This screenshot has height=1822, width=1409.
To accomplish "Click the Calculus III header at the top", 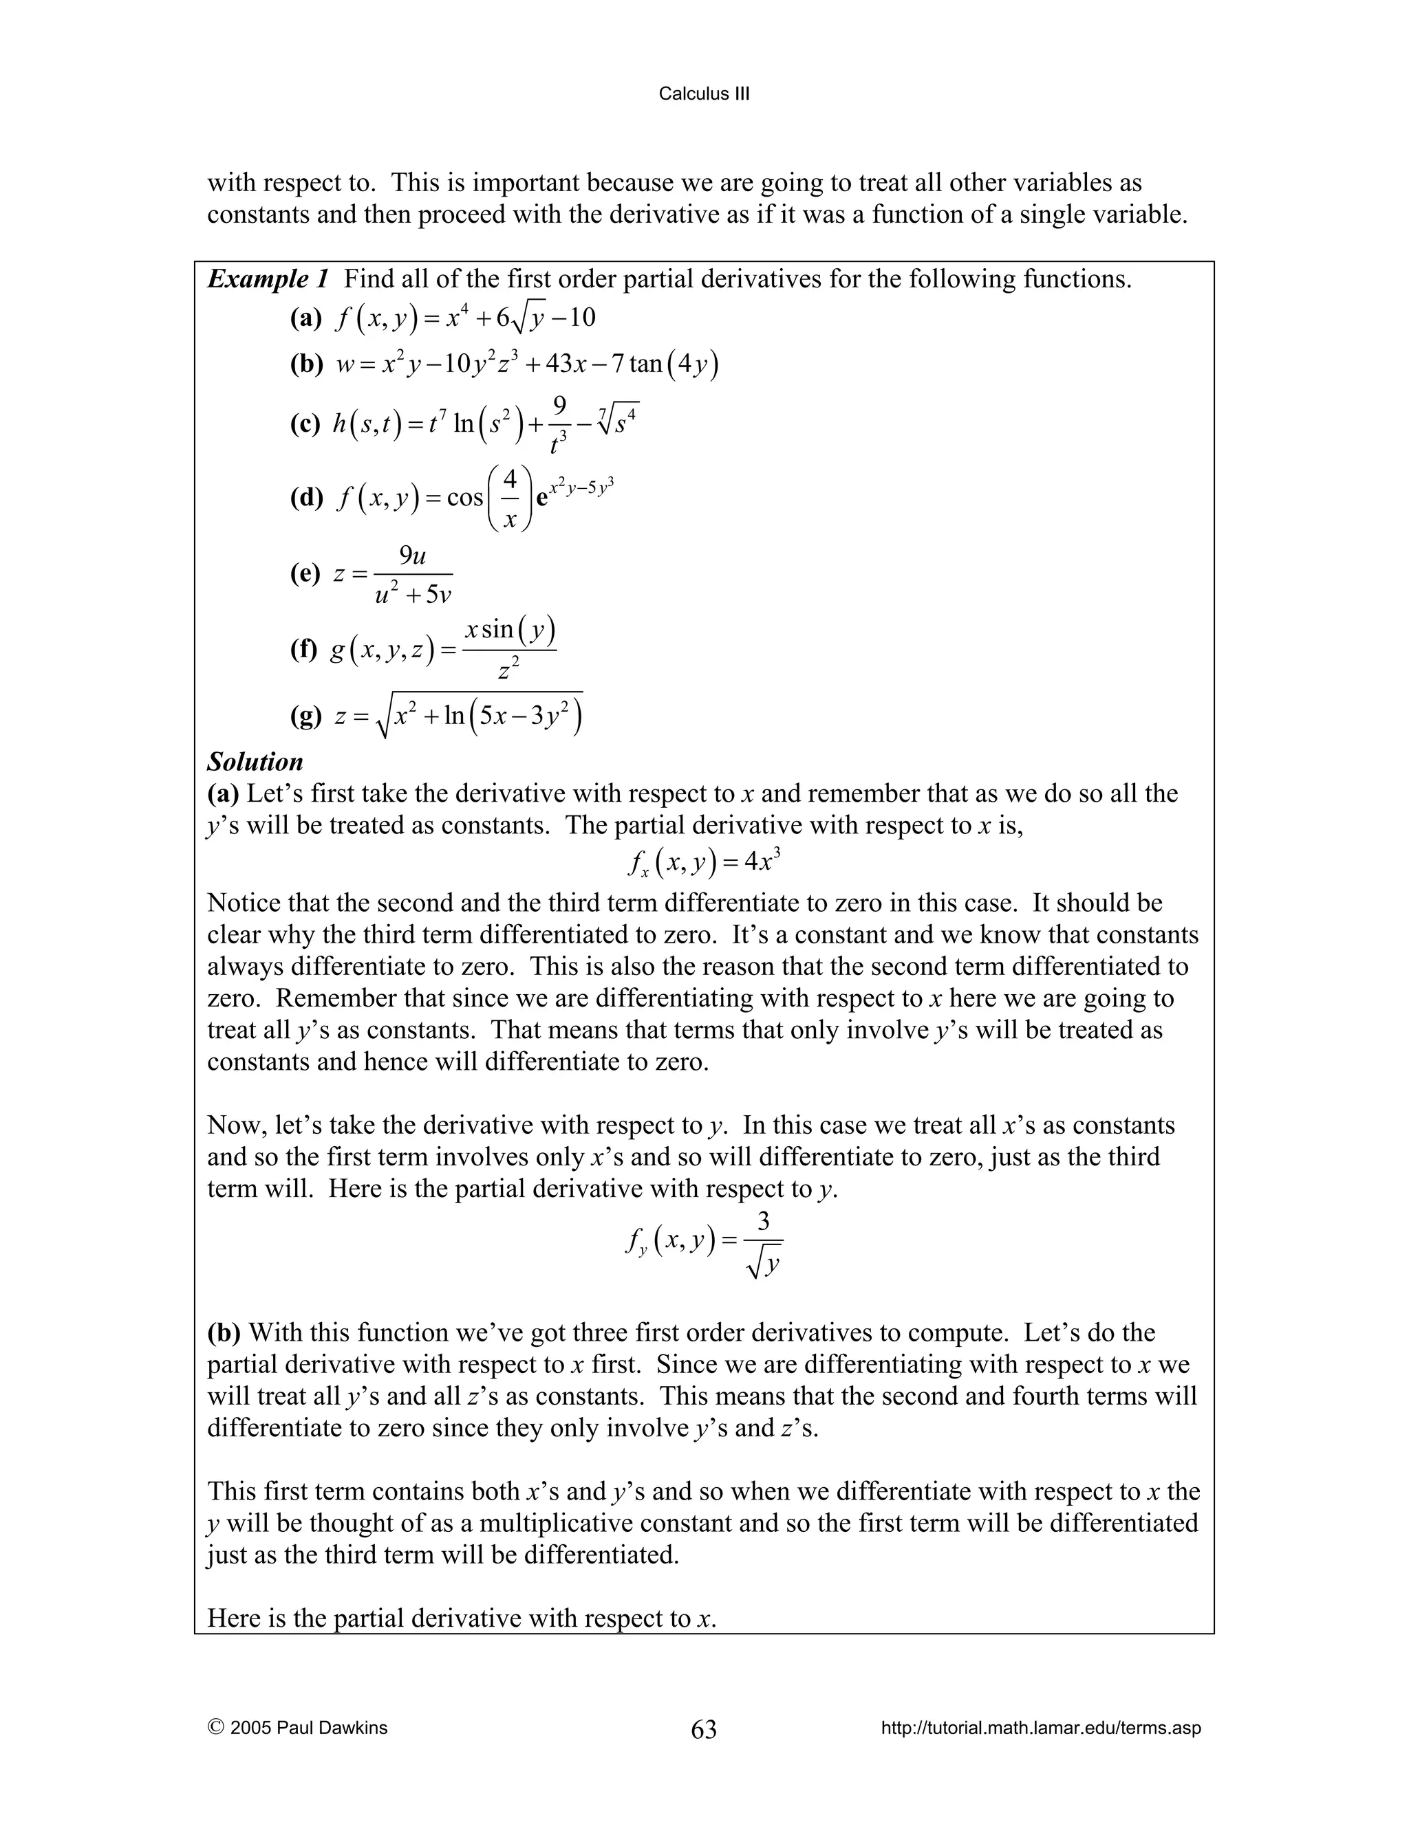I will tap(704, 94).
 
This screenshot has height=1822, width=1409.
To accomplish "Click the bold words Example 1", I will tap(268, 278).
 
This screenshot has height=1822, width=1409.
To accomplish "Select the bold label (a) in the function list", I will tap(305, 318).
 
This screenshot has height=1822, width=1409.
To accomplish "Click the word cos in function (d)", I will tap(465, 498).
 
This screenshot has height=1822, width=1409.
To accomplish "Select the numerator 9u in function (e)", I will tap(412, 555).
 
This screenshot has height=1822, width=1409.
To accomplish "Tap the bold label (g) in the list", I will tap(305, 716).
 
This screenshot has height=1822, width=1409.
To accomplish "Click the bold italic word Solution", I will tap(255, 762).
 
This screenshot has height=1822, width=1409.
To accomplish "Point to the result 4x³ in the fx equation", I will tap(763, 861).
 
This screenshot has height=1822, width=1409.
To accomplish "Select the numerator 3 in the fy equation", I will tap(763, 1222).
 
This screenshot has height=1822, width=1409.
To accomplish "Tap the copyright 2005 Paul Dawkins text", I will tap(298, 1728).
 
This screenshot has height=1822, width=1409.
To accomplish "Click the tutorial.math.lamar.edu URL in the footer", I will tap(1041, 1728).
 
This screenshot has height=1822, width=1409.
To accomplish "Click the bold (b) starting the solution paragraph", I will tap(224, 1332).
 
